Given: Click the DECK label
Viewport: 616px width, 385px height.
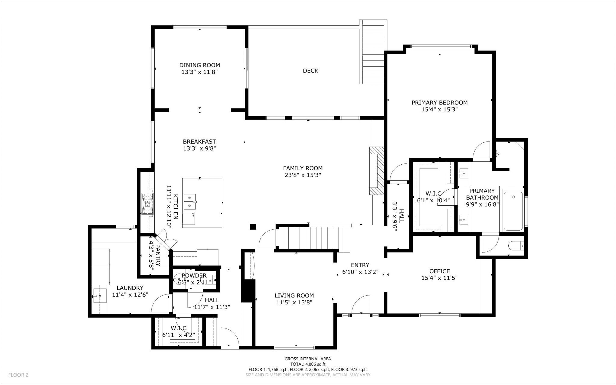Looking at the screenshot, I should [x=310, y=71].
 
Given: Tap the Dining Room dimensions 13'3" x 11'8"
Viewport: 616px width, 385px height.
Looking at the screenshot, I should [x=199, y=72].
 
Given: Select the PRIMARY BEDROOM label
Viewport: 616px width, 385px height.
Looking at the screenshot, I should [x=439, y=103].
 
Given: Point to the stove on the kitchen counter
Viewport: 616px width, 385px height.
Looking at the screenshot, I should [x=147, y=204].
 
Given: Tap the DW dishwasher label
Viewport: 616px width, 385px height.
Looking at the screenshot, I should [x=192, y=214].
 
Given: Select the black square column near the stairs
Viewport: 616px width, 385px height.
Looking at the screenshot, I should [x=253, y=227].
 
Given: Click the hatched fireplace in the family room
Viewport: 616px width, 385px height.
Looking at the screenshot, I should [x=377, y=171].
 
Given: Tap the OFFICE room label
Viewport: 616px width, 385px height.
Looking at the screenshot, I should [x=439, y=271].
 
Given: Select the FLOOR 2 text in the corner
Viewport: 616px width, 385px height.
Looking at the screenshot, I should [x=18, y=375].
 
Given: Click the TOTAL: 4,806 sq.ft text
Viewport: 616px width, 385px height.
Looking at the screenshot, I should [x=308, y=364].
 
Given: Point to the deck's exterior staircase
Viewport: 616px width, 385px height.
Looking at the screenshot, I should [x=373, y=52].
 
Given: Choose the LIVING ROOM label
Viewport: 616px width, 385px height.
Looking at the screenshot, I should [x=294, y=296].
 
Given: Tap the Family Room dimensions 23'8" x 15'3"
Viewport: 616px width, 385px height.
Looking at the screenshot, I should [x=303, y=175].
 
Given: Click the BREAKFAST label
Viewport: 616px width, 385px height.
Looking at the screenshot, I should [x=199, y=141].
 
